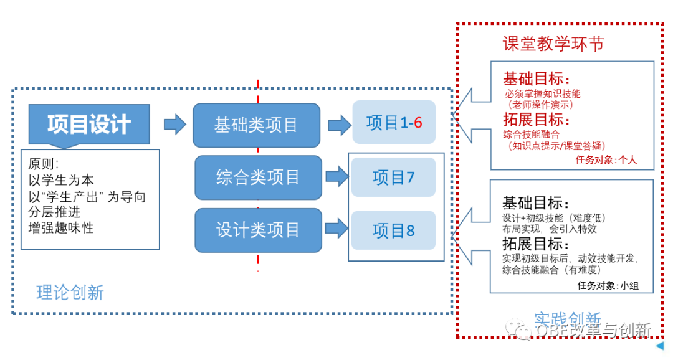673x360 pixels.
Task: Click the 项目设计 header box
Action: click(89, 125)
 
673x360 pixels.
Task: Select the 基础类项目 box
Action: click(256, 125)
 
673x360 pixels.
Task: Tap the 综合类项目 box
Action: click(258, 178)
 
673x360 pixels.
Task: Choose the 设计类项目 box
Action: click(258, 230)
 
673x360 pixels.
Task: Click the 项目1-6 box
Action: click(394, 123)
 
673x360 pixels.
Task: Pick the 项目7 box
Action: click(393, 178)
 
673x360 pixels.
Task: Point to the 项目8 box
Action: click(393, 231)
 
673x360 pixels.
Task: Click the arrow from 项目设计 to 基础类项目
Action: click(174, 124)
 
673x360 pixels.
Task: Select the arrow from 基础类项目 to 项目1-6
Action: click(340, 124)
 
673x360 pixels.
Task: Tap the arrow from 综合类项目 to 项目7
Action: click(336, 176)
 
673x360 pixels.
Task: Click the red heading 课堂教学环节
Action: click(553, 44)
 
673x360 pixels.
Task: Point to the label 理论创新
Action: click(70, 292)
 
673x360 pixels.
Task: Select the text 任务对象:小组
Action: click(608, 285)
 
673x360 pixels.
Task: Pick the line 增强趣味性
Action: click(61, 228)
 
